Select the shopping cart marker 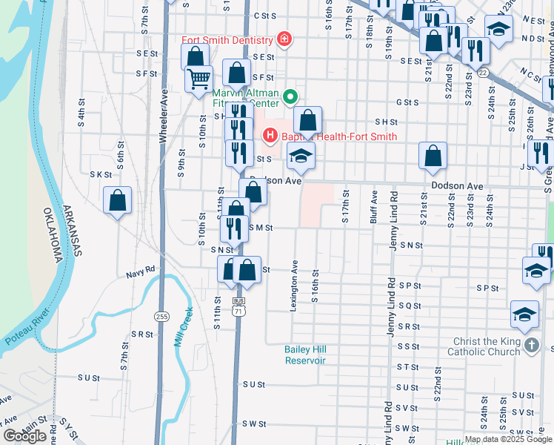click(x=198, y=79)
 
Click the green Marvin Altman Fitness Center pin click(x=291, y=96)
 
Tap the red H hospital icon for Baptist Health click(x=270, y=136)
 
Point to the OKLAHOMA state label click(x=55, y=237)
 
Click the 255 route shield click(x=163, y=317)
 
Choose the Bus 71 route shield click(x=238, y=306)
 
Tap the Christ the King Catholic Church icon click(x=531, y=346)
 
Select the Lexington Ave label click(x=296, y=285)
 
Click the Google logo click(x=24, y=436)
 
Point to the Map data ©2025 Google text click(x=508, y=439)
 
